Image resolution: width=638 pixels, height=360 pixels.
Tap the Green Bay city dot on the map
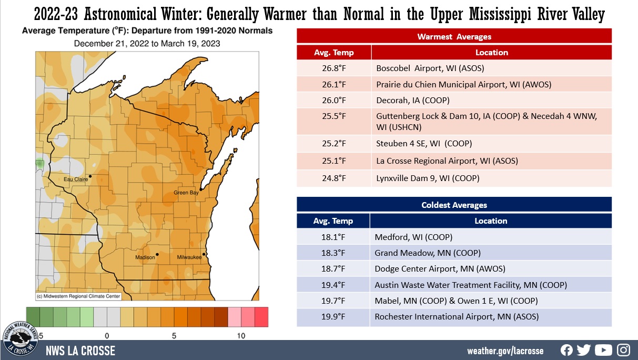point(201,188)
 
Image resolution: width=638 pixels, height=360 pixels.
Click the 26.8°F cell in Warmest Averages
point(333,68)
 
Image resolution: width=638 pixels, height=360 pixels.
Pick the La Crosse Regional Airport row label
point(447,161)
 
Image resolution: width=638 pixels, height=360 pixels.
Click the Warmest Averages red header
point(454,36)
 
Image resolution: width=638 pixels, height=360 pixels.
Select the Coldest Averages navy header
point(454,205)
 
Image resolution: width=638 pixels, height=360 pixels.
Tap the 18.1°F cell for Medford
point(333,237)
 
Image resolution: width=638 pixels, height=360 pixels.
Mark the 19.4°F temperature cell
point(333,285)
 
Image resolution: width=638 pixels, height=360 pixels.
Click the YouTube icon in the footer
point(603,350)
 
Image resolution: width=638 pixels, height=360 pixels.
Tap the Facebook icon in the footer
point(566,350)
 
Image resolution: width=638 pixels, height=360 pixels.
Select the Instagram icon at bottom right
point(623,350)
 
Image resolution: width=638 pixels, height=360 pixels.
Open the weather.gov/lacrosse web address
point(505,351)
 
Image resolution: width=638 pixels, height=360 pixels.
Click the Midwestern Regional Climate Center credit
point(79,296)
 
